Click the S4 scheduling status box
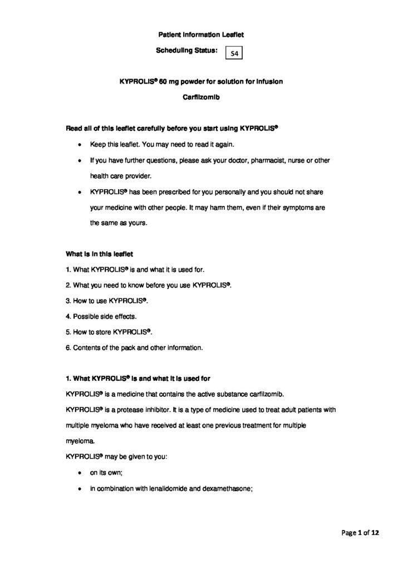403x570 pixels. [233, 53]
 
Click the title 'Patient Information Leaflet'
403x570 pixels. [201, 35]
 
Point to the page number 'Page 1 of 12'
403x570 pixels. [360, 533]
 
